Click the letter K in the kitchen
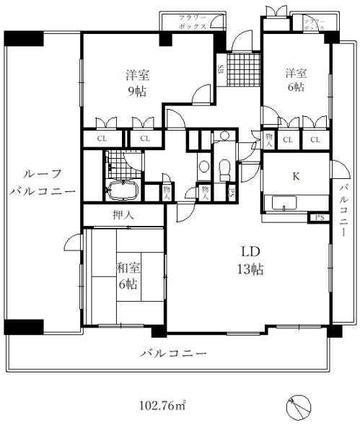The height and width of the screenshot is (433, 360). [295, 175]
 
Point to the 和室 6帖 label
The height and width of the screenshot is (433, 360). [130, 275]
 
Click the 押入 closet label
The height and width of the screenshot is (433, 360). [122, 216]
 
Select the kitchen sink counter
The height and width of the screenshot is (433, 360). [284, 204]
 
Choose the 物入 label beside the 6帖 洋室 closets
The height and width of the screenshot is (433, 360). [268, 139]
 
